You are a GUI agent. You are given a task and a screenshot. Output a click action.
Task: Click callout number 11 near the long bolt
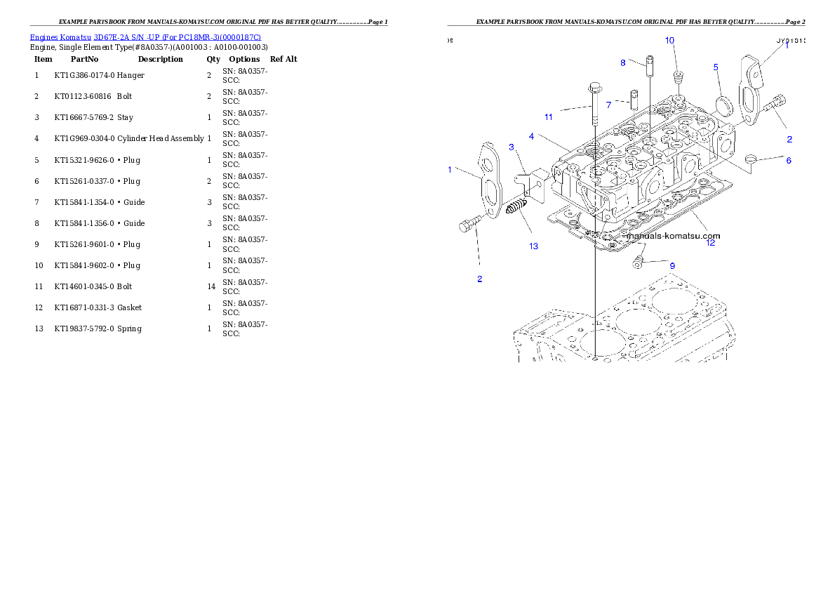[549, 116]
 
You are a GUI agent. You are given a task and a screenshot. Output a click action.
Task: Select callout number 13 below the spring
[534, 246]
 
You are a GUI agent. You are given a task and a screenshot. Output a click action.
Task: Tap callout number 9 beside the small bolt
[672, 266]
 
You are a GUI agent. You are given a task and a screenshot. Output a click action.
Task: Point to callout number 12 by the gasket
[710, 243]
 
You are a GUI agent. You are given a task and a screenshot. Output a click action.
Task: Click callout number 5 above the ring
[716, 67]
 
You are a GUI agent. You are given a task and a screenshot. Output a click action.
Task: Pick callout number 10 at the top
[669, 41]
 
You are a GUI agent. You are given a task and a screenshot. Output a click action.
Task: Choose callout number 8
[622, 63]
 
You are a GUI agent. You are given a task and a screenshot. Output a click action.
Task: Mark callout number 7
[608, 105]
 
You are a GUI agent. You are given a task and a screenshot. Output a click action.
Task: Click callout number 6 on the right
[788, 161]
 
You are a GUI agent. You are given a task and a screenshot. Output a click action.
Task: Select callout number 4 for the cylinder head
[532, 136]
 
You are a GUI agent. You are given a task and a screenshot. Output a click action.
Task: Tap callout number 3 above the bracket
[512, 147]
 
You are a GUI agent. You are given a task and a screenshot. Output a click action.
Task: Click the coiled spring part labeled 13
[516, 208]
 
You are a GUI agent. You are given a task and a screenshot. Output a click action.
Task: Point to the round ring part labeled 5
[723, 105]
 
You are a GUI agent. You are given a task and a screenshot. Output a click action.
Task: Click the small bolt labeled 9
[637, 263]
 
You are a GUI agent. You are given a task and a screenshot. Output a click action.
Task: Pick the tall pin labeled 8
[650, 68]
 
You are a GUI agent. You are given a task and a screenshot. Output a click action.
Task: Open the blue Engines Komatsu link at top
[145, 37]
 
